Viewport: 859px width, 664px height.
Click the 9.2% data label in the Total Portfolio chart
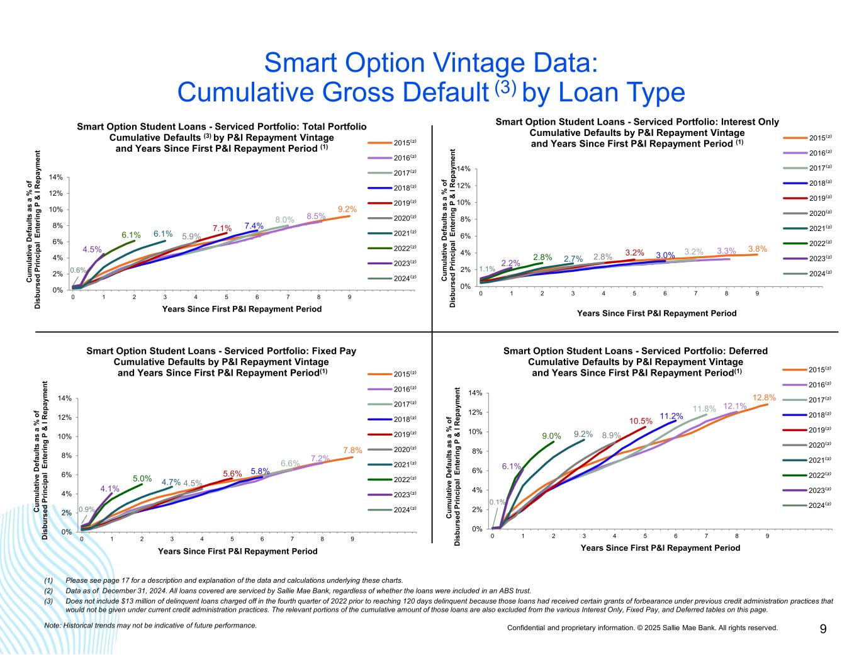[347, 210]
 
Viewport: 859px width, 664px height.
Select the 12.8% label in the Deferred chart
[763, 398]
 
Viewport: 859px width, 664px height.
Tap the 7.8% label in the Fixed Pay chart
[352, 451]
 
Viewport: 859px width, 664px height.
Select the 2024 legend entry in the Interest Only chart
[817, 273]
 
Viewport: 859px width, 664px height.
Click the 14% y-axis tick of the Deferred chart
[476, 393]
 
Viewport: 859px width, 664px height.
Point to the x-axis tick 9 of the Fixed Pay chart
[352, 539]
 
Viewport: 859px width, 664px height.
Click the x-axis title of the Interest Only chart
[656, 313]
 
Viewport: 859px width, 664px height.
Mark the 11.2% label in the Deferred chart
[671, 416]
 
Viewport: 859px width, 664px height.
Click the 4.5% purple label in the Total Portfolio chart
[93, 249]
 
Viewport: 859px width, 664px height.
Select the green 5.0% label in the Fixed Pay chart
[142, 478]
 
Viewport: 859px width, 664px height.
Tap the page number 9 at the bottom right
[823, 629]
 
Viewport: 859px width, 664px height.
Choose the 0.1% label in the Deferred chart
[497, 502]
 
